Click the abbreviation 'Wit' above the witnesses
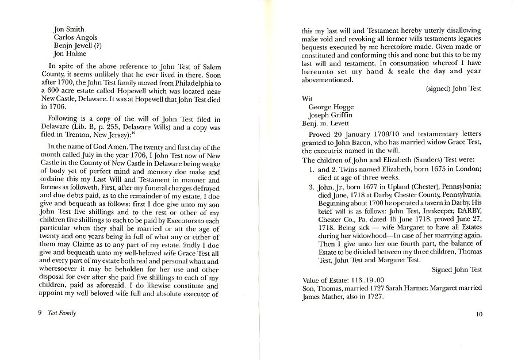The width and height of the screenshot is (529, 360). (x=308, y=99)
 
